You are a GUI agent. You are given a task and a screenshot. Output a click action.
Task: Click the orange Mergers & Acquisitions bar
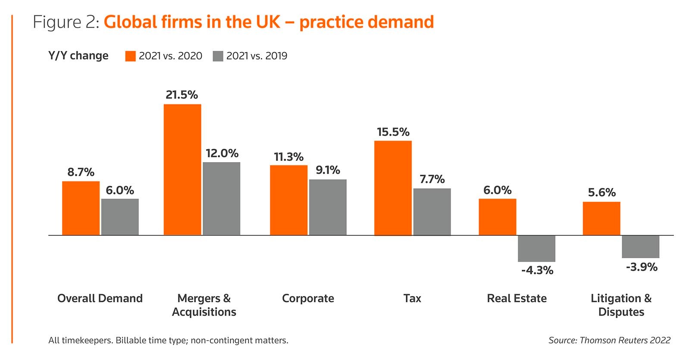(182, 169)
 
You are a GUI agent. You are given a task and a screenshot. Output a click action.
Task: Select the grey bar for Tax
(432, 212)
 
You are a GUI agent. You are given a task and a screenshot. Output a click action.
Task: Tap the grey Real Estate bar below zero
(536, 249)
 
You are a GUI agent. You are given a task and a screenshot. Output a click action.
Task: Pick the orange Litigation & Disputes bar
(601, 219)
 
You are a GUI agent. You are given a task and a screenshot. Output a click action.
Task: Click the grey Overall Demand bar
(120, 217)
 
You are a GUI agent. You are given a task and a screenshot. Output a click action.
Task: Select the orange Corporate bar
(289, 200)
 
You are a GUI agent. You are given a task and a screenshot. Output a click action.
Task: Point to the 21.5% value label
(182, 95)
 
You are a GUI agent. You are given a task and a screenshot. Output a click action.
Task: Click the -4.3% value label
(537, 270)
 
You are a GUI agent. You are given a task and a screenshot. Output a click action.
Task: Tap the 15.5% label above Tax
(393, 132)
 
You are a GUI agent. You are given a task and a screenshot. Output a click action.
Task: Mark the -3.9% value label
(641, 267)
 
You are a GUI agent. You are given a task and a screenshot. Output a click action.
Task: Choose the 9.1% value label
(328, 170)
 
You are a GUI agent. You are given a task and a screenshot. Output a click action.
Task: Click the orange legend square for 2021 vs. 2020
(130, 56)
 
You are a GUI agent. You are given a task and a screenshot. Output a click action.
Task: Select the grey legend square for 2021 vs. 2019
(218, 56)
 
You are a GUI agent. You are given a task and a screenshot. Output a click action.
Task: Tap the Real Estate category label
(517, 298)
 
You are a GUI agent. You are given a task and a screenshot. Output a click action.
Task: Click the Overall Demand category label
(100, 298)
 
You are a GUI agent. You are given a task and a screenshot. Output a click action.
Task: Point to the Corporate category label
(308, 298)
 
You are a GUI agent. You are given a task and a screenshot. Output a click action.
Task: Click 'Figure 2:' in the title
(66, 22)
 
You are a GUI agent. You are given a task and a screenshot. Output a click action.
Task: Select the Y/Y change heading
(78, 56)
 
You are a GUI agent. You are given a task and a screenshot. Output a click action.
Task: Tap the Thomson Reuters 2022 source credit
(609, 340)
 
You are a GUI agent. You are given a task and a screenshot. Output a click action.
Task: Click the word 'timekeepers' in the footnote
(87, 340)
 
